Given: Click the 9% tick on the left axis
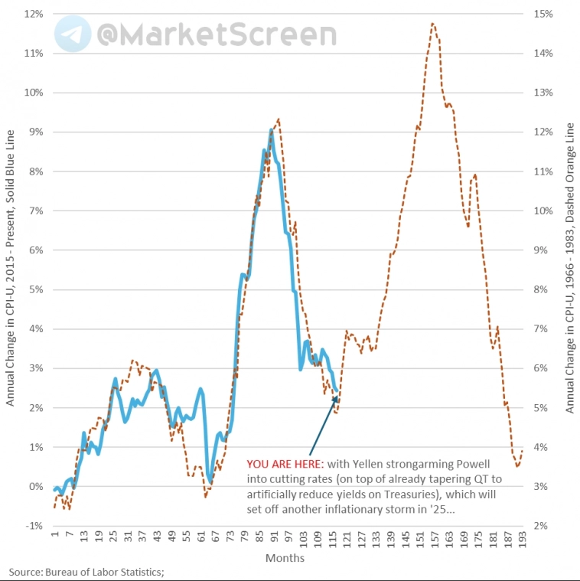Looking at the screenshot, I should click(x=32, y=132).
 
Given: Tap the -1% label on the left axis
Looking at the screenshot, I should click(x=32, y=526).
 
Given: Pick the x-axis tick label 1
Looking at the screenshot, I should click(x=54, y=538).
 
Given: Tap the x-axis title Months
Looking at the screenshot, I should click(x=285, y=558).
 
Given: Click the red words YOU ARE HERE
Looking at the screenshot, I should click(x=284, y=464).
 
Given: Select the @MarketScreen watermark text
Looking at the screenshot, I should click(x=215, y=34).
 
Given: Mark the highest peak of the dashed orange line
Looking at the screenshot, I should click(x=433, y=24).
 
